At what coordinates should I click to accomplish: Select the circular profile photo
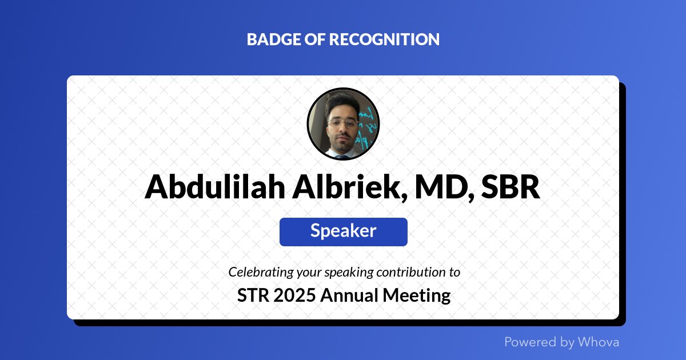(x=343, y=124)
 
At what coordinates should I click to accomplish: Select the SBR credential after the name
(x=510, y=187)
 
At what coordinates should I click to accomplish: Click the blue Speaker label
(x=343, y=231)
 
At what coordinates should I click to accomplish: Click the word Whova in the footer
(x=598, y=342)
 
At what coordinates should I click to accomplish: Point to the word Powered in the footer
(x=530, y=342)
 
